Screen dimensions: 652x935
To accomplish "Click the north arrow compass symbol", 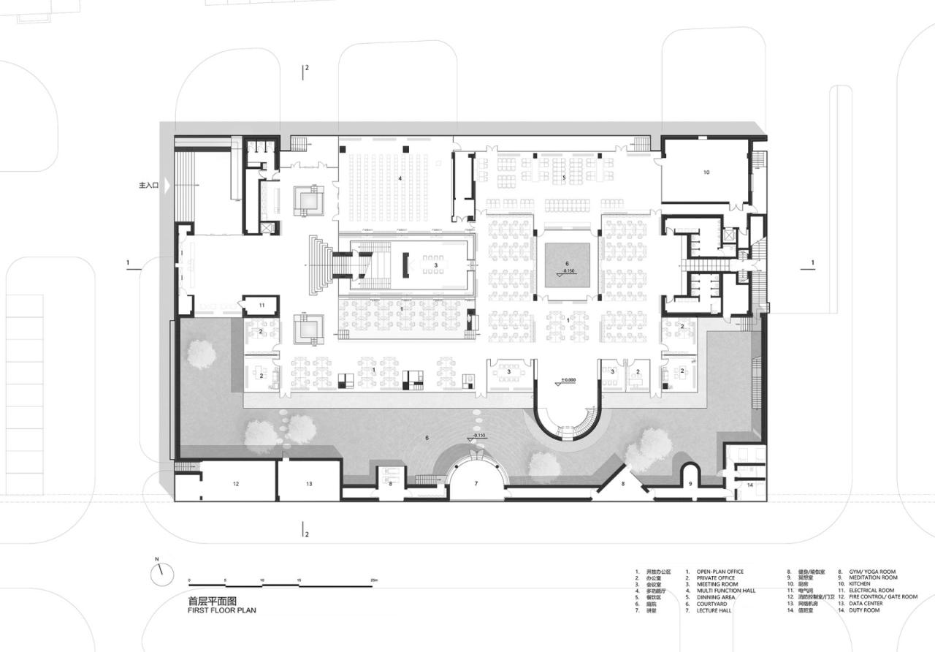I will [x=162, y=574].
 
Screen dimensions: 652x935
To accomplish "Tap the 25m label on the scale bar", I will [x=374, y=580].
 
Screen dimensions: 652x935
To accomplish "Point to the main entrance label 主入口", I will [x=148, y=186].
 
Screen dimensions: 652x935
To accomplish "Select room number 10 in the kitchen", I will [x=706, y=173].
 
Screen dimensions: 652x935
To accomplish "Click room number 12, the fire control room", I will [x=235, y=484].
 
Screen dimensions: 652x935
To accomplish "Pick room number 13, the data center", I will [x=309, y=484].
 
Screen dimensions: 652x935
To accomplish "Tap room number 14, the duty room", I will [x=750, y=485].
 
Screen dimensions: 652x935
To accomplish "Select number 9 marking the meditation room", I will [x=690, y=484].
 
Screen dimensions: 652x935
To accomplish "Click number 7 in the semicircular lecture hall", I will [x=476, y=484].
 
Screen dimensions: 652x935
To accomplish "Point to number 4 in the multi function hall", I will [x=400, y=178].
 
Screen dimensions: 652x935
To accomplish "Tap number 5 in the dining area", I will [x=563, y=178].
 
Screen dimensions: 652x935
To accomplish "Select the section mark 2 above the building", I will [x=307, y=68].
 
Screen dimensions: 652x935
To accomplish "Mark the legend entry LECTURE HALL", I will [x=714, y=610].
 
